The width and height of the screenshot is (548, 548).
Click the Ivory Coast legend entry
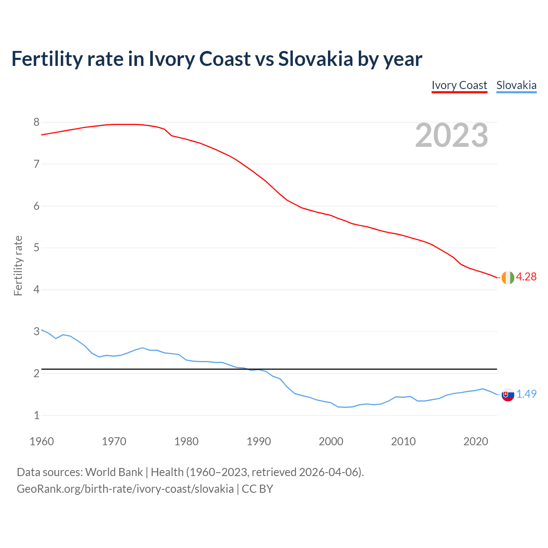pyautogui.click(x=459, y=85)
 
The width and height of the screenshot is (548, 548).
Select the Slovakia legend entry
pyautogui.click(x=516, y=85)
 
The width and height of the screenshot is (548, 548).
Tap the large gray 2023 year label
pyautogui.click(x=452, y=135)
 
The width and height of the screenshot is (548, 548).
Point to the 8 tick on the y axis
pyautogui.click(x=36, y=122)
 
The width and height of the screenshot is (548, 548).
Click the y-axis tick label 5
pyautogui.click(x=36, y=248)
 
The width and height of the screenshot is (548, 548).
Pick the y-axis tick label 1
pyautogui.click(x=36, y=415)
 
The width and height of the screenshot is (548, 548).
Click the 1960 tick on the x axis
pyautogui.click(x=42, y=441)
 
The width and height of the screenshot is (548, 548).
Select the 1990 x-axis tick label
pyautogui.click(x=259, y=441)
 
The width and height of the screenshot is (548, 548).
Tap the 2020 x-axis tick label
pyautogui.click(x=476, y=441)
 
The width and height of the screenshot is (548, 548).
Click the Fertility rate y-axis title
pyautogui.click(x=18, y=265)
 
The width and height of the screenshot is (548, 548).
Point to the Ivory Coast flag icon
pyautogui.click(x=507, y=277)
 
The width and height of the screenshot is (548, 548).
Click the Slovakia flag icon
pyautogui.click(x=508, y=395)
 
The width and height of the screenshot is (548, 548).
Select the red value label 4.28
pyautogui.click(x=526, y=277)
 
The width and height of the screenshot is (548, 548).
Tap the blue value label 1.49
pyautogui.click(x=526, y=394)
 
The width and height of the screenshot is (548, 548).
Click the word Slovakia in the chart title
pyautogui.click(x=316, y=59)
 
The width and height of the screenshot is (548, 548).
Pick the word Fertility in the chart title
pyautogui.click(x=47, y=59)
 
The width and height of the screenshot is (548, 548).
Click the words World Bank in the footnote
pyautogui.click(x=114, y=472)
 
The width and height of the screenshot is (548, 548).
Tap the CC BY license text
pyautogui.click(x=257, y=489)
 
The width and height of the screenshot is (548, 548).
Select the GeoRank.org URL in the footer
pyautogui.click(x=125, y=489)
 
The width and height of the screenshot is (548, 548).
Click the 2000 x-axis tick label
pyautogui.click(x=331, y=441)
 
